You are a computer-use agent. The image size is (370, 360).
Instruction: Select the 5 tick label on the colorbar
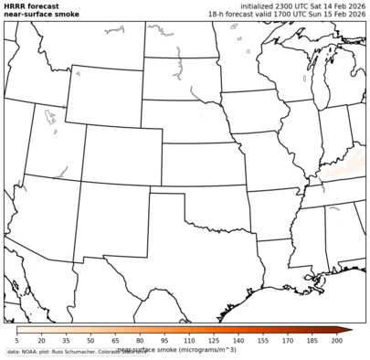pyautogui.click(x=16, y=340)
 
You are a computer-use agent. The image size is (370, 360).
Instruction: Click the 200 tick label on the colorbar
pyautogui.click(x=336, y=340)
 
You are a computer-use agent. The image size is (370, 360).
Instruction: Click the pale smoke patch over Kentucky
pyautogui.click(x=344, y=168)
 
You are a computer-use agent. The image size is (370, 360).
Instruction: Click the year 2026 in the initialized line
pyautogui.click(x=351, y=5)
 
